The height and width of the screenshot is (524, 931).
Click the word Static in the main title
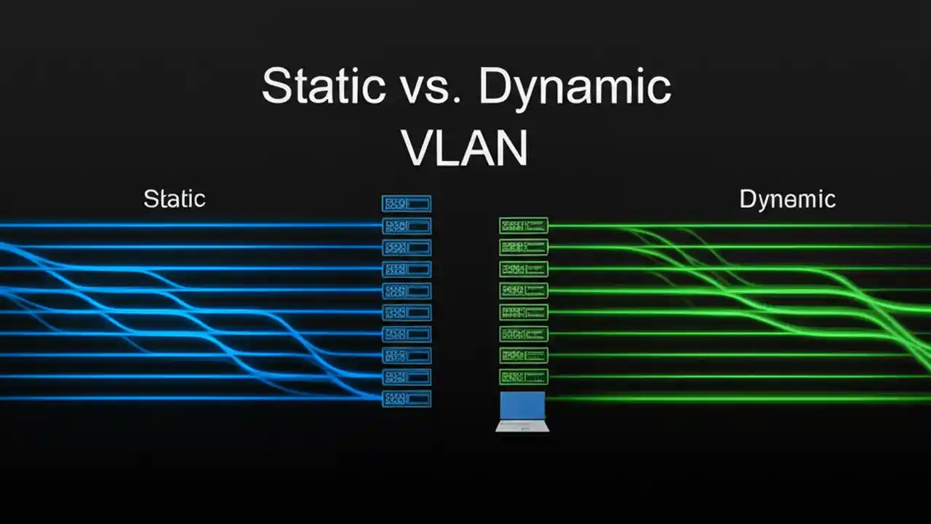(x=323, y=86)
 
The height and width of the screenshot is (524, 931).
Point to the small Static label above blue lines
(x=175, y=199)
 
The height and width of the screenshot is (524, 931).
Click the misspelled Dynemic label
(x=787, y=199)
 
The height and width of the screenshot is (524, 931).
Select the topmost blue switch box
(x=407, y=204)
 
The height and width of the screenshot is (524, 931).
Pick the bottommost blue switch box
(x=407, y=399)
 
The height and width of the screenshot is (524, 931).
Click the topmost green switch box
(x=524, y=226)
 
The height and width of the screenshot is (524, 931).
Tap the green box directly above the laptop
(x=524, y=377)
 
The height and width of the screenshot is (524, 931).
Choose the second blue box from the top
(x=407, y=226)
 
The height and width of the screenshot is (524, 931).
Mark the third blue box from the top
(x=407, y=247)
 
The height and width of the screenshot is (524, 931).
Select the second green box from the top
(x=524, y=247)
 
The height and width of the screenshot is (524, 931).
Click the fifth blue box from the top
(x=407, y=290)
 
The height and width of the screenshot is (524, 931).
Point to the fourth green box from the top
(x=524, y=290)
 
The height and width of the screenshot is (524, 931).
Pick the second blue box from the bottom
(x=407, y=377)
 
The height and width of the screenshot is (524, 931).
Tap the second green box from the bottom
(x=524, y=355)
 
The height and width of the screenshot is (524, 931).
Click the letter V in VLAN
(x=419, y=148)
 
